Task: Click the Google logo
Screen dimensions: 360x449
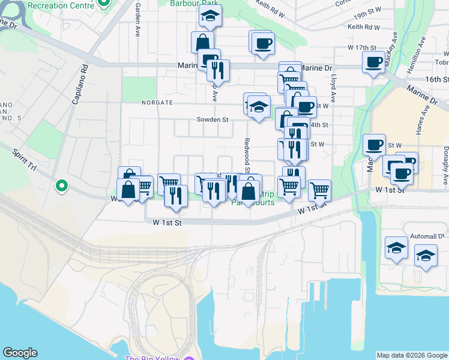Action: (x=20, y=353)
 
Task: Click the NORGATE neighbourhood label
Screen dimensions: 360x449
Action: (x=157, y=103)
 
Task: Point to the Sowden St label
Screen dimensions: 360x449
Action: (x=213, y=119)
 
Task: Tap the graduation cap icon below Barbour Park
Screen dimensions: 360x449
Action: (x=210, y=16)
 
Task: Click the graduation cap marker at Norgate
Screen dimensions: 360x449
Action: (x=259, y=107)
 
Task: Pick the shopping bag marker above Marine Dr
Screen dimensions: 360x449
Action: (x=202, y=42)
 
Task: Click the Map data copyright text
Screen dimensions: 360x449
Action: (x=411, y=355)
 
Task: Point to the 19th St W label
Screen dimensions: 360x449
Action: (x=367, y=14)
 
